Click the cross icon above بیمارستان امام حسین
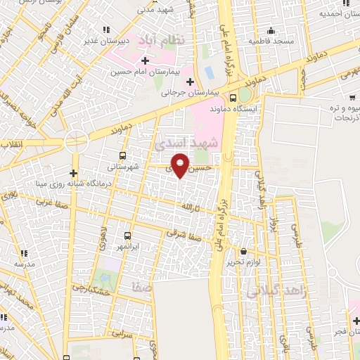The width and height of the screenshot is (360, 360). pyautogui.click(x=145, y=61)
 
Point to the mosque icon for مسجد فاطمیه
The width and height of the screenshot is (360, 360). pyautogui.click(x=271, y=30)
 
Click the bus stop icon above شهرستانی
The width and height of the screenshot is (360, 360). pyautogui.click(x=123, y=156)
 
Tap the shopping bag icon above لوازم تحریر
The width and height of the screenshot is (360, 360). pyautogui.click(x=243, y=251)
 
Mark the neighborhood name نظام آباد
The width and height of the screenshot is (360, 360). pyautogui.click(x=162, y=39)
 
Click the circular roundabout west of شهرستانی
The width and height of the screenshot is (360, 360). pyautogui.click(x=75, y=141)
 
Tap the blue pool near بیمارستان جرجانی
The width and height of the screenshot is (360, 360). pyautogui.click(x=210, y=72)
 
